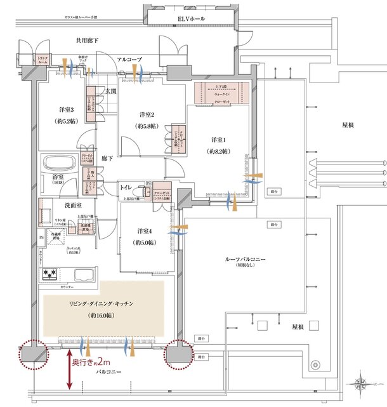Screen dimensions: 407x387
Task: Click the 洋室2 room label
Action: click(148, 115)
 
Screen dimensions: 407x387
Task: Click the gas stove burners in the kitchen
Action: click(51, 274)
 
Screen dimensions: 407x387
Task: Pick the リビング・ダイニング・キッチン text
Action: click(101, 304)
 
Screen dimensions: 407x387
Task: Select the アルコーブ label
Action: click(130, 59)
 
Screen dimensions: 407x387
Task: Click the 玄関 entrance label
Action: click(111, 91)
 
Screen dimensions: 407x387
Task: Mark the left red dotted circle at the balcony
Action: click(32, 354)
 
